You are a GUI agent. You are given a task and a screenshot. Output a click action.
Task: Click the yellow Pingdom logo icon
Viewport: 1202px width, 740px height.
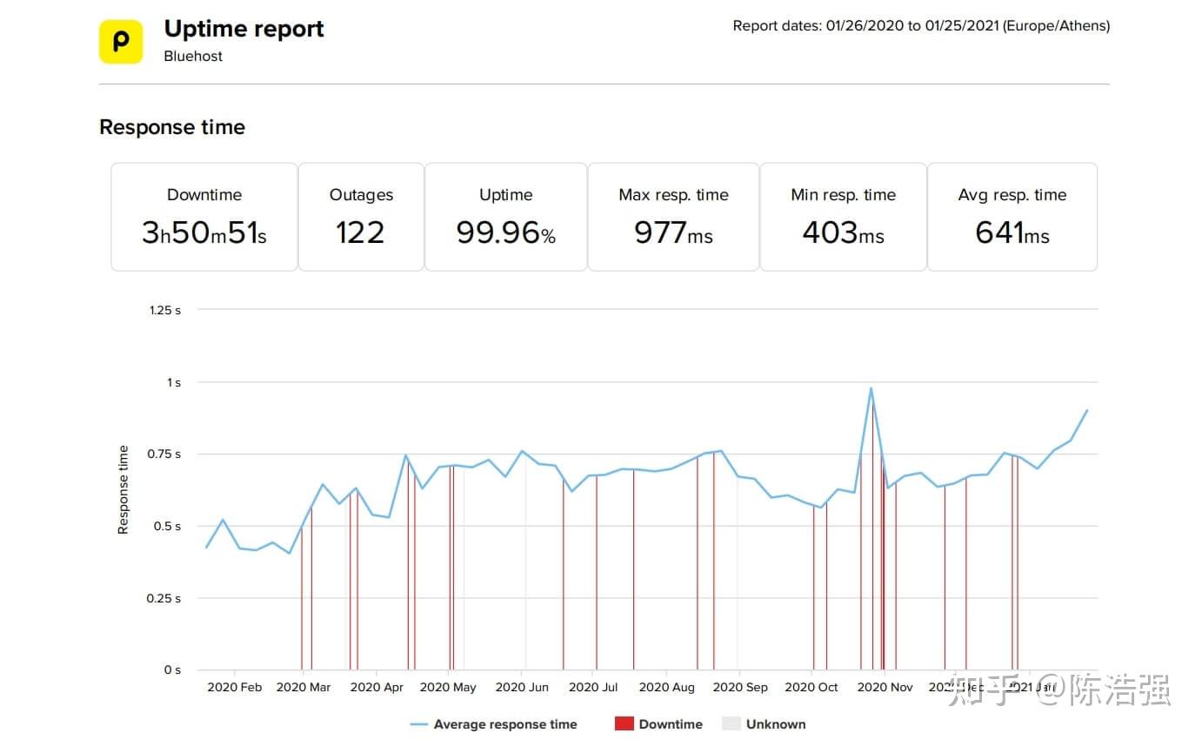120,42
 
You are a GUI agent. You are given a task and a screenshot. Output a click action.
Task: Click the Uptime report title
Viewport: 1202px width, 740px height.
244,29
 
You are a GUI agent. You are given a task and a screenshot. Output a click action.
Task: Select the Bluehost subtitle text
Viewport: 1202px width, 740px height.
193,56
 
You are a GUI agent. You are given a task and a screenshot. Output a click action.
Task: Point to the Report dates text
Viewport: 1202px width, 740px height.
920,25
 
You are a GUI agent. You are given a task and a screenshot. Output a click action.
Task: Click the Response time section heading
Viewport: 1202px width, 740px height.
172,127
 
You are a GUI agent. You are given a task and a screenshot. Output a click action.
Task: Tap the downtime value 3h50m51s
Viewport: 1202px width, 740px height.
204,232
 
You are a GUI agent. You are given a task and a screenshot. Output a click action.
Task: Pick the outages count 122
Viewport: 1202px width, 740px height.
360,232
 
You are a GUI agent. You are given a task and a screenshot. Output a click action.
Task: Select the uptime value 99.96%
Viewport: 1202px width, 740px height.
505,232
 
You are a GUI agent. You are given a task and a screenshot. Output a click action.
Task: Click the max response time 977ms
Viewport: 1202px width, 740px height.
673,232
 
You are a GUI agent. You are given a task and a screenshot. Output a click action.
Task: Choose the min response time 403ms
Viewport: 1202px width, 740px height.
843,232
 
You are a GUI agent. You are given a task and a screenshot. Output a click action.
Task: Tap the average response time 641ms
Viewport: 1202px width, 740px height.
1012,232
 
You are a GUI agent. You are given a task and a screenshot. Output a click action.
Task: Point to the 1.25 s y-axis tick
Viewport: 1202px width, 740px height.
165,310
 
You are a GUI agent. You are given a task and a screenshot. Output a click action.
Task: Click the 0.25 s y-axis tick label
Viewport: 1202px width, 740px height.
165,598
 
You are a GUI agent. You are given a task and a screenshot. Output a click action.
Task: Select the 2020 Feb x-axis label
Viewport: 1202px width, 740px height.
234,687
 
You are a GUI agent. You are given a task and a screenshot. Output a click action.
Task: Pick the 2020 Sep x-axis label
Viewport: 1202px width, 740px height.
740,687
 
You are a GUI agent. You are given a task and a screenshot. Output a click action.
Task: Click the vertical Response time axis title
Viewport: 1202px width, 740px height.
124,489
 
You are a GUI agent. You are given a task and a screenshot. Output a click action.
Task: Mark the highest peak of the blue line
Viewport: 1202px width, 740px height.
871,388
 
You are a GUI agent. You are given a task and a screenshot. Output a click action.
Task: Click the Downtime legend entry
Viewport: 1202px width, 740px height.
658,724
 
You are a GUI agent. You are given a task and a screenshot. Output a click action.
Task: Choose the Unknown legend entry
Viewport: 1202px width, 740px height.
765,724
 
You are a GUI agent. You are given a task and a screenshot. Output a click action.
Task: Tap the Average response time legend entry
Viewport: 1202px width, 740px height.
493,724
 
